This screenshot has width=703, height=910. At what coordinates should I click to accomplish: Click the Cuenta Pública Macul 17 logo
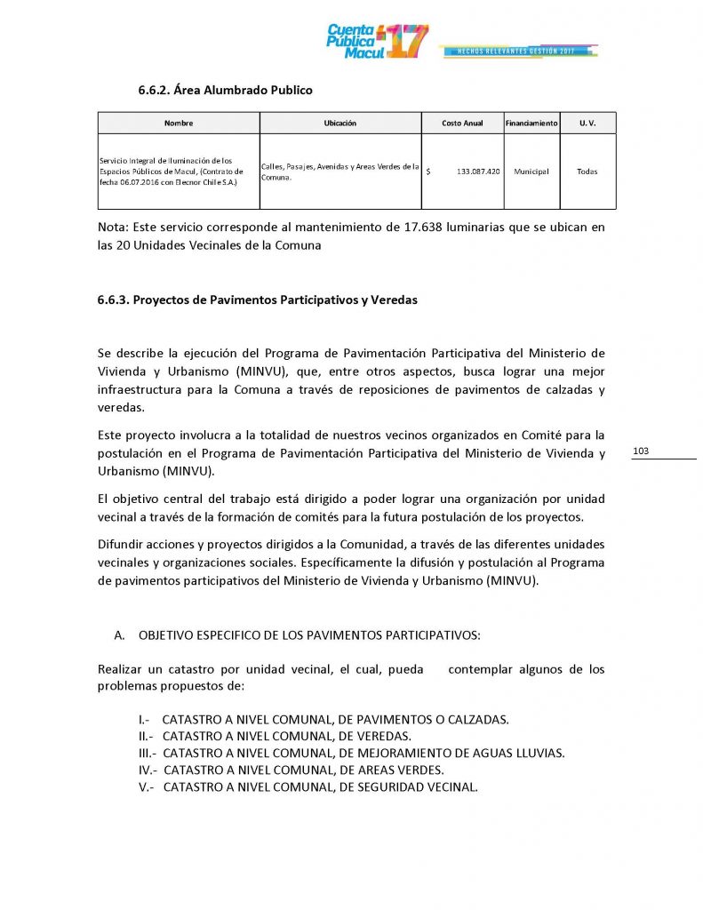[x=377, y=41]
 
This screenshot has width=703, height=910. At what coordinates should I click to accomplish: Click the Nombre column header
[x=178, y=123]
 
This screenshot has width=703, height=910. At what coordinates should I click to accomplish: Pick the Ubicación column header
[x=340, y=123]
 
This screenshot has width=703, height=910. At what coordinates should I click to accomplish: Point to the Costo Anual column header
[x=462, y=123]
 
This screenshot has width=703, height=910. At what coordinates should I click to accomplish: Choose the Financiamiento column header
[x=531, y=123]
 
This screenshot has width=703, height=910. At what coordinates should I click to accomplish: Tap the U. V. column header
[x=587, y=123]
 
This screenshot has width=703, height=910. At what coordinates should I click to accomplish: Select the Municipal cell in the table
[x=531, y=172]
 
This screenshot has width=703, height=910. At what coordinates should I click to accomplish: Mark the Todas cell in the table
[x=587, y=172]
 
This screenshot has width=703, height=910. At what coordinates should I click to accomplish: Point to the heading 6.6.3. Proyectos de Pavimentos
[x=257, y=300]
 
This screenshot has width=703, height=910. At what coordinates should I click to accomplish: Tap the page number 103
[x=641, y=451]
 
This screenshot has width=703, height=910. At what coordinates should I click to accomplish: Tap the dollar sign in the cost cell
[x=429, y=172]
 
